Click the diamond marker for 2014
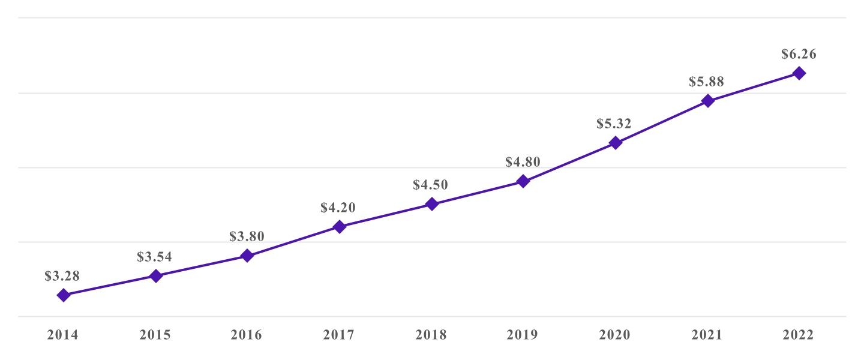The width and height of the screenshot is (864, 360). click(x=63, y=295)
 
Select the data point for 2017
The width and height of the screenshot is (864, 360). click(x=339, y=227)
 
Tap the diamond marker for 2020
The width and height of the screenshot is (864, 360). click(x=615, y=143)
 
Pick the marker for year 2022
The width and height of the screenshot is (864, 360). click(x=799, y=73)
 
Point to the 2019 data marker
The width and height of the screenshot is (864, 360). click(x=523, y=181)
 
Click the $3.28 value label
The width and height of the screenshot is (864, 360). click(x=62, y=276)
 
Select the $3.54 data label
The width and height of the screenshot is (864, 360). click(x=155, y=257)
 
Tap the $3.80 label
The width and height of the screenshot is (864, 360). click(x=247, y=236)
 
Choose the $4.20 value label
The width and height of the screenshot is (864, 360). click(x=338, y=208)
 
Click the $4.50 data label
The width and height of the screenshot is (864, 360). click(x=431, y=185)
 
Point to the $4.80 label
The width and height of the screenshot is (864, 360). click(x=523, y=162)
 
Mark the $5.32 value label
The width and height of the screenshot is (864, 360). click(x=614, y=124)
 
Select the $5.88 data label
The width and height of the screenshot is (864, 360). click(x=707, y=82)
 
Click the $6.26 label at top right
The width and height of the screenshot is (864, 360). click(x=799, y=54)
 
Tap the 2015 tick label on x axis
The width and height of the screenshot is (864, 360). click(x=155, y=335)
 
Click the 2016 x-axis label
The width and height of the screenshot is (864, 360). click(x=247, y=335)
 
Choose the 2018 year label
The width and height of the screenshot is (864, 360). click(x=431, y=335)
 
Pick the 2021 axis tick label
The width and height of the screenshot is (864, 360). click(x=707, y=335)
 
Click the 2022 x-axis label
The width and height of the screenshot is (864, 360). click(x=799, y=335)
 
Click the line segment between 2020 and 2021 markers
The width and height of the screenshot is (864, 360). click(x=661, y=122)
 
